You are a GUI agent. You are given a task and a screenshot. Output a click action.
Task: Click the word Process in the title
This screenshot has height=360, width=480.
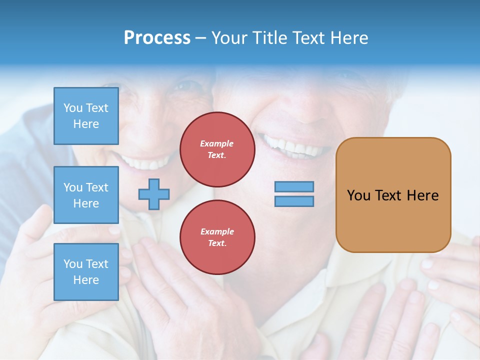(x=157, y=38)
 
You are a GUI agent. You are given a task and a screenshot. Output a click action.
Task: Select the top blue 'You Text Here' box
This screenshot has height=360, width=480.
(x=86, y=116)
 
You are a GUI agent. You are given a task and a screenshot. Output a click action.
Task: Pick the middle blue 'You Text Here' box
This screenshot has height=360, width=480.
(x=86, y=195)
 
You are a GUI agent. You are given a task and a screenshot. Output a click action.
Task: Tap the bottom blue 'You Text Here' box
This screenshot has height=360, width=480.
(x=86, y=272)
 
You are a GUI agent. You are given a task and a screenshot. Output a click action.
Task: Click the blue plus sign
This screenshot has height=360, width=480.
(x=154, y=194)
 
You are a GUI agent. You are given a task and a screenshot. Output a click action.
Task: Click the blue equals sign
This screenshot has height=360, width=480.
(x=294, y=194)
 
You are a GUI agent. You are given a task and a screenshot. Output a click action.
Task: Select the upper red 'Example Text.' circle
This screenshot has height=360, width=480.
(x=217, y=149)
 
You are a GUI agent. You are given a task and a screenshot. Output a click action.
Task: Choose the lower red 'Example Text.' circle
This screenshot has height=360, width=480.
(x=217, y=237)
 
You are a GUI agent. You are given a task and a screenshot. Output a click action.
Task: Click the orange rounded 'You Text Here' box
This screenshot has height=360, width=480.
(x=393, y=195)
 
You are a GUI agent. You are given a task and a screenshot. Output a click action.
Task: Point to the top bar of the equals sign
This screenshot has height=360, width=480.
(x=294, y=187)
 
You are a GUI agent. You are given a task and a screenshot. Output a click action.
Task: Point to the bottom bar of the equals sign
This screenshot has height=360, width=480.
(x=294, y=201)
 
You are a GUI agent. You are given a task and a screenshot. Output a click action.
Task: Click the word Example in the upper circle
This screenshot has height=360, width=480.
(x=217, y=143)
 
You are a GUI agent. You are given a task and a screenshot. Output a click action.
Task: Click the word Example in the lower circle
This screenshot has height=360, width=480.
(x=217, y=231)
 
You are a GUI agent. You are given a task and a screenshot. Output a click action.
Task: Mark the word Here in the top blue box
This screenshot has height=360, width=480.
(x=86, y=124)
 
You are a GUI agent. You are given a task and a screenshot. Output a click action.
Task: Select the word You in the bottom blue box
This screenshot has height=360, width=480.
(x=73, y=264)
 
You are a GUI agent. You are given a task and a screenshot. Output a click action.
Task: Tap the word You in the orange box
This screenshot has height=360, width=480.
(x=358, y=195)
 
